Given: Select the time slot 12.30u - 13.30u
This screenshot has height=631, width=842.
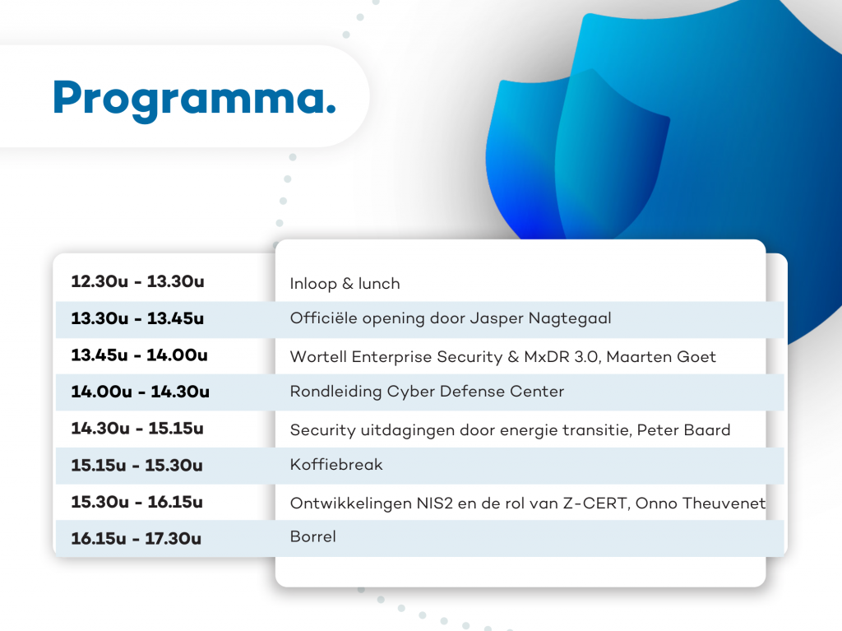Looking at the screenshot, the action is pyautogui.click(x=137, y=281).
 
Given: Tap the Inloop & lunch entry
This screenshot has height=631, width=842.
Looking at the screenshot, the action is pyautogui.click(x=345, y=283).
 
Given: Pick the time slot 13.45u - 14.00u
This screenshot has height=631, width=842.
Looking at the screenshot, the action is pyautogui.click(x=139, y=355).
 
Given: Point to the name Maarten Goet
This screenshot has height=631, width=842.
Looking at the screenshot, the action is pyautogui.click(x=661, y=357).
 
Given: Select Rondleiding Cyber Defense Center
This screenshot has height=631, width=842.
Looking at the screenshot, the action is pyautogui.click(x=427, y=392).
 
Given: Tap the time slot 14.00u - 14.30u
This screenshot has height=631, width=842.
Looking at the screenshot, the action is pyautogui.click(x=140, y=392).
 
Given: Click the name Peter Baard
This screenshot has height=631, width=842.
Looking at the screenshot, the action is pyautogui.click(x=683, y=430).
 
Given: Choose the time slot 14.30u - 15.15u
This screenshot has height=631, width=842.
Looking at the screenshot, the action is pyautogui.click(x=137, y=428).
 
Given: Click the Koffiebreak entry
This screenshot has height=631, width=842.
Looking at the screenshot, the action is pyautogui.click(x=336, y=464).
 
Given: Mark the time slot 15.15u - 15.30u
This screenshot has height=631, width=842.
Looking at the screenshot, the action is pyautogui.click(x=137, y=465).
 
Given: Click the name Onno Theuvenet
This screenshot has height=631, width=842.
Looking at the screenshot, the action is pyautogui.click(x=701, y=503).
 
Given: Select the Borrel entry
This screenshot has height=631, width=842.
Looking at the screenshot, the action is pyautogui.click(x=313, y=536).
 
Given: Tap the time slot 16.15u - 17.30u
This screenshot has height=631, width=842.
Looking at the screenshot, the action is pyautogui.click(x=136, y=538).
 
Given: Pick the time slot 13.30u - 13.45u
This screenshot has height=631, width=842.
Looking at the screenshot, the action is pyautogui.click(x=137, y=318).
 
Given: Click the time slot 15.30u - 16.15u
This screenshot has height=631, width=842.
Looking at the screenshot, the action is pyautogui.click(x=137, y=502).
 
